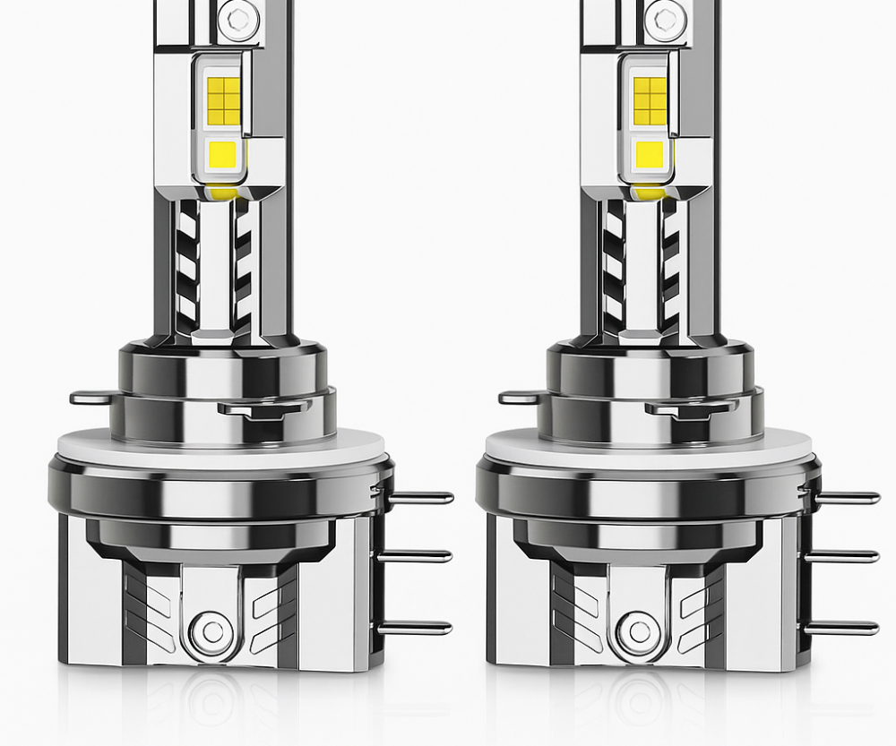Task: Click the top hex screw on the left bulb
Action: click(237, 17)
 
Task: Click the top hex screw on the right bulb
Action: click(664, 17)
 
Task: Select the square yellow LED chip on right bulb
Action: click(650, 156)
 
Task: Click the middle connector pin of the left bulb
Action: click(417, 556)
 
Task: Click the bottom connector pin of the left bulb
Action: click(417, 628)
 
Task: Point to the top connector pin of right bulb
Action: click(847, 497)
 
